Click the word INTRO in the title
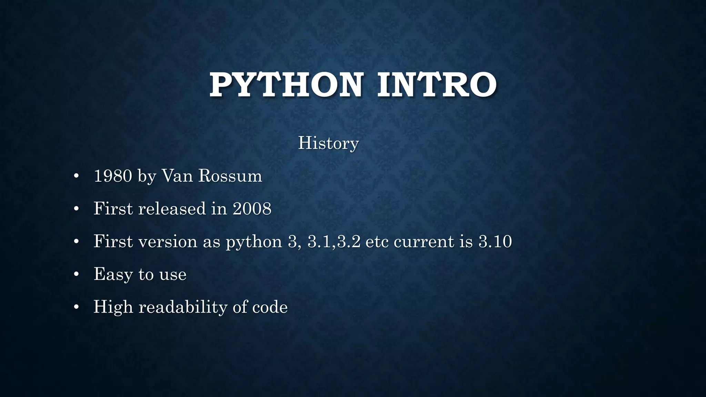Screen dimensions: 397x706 click(x=437, y=85)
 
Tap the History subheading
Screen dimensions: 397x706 click(x=328, y=143)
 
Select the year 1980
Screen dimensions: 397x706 click(x=113, y=176)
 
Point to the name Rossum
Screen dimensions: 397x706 click(x=230, y=176)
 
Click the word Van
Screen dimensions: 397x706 click(x=177, y=176)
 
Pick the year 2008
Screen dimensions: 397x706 click(x=252, y=209)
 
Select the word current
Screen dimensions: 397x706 click(x=424, y=242)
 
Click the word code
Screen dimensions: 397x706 click(x=270, y=307)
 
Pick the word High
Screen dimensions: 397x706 click(x=113, y=307)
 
